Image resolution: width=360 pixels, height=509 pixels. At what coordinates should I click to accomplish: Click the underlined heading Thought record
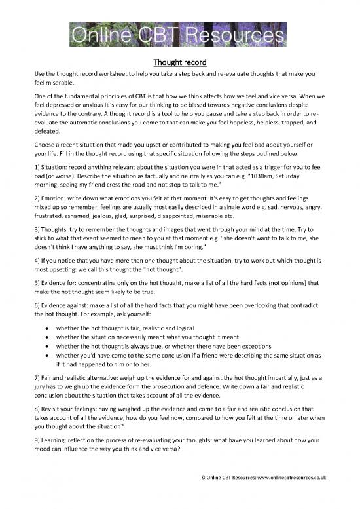click(179, 63)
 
